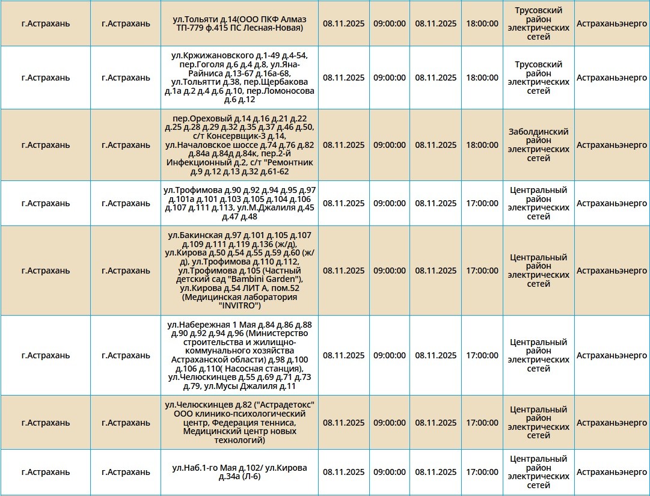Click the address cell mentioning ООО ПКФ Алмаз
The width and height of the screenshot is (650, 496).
[x=239, y=23]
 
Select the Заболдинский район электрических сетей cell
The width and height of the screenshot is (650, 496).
[x=538, y=145]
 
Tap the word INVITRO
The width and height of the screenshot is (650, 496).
[x=239, y=305]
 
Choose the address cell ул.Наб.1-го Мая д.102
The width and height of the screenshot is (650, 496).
[x=239, y=473]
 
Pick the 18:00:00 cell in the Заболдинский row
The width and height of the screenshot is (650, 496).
[x=482, y=145]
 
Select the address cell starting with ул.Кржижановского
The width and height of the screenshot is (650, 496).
[x=239, y=78]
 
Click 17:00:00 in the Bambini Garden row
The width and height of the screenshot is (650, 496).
[x=482, y=271]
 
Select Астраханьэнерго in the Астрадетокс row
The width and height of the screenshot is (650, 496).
[x=612, y=423]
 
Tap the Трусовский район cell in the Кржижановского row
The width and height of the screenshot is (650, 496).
[x=538, y=78]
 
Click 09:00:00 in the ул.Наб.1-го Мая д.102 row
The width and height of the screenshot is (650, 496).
[x=390, y=473]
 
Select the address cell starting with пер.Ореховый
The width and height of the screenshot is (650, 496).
[x=239, y=145]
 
